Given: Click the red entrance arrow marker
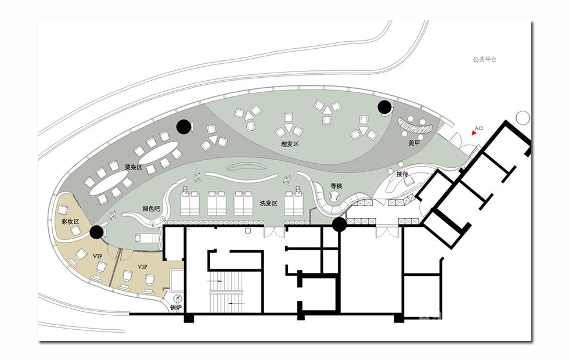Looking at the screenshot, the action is (474, 133).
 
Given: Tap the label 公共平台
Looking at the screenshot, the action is (484, 59).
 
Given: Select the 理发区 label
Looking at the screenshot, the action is (290, 144).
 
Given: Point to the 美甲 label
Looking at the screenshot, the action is (414, 143).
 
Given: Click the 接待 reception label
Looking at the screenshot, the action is (402, 174).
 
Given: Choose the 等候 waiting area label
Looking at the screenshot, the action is (336, 186).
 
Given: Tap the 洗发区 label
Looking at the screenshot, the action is (268, 203).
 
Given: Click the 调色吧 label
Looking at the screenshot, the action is (151, 208).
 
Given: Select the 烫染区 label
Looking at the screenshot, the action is (134, 167).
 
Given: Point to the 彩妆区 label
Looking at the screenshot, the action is (70, 221).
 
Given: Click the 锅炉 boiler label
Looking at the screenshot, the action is (175, 308).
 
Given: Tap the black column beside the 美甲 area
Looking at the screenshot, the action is (384, 107).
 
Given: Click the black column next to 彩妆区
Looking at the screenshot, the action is (96, 232).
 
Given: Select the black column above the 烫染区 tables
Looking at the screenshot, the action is (183, 127).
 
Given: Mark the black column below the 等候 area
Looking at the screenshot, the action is (340, 224).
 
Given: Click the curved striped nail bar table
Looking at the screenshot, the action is (415, 125).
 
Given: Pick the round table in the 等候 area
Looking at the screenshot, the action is (334, 197).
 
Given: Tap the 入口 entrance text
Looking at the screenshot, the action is (479, 128).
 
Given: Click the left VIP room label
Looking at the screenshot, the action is (98, 256).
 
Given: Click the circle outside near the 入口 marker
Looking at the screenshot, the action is (523, 118).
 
